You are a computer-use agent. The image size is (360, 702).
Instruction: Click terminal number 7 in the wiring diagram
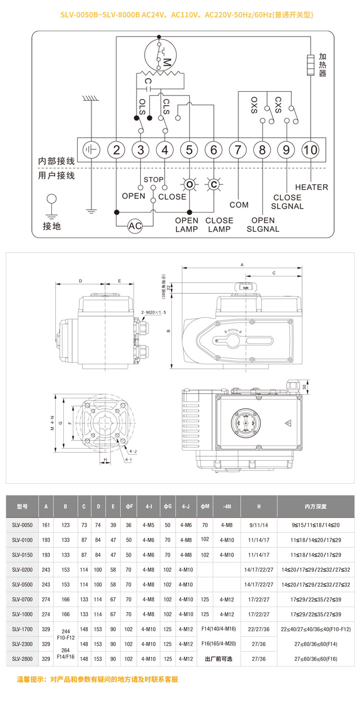[x=238, y=150]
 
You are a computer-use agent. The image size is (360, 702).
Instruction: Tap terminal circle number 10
[x=311, y=150]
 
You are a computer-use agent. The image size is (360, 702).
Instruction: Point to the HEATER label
[x=312, y=187]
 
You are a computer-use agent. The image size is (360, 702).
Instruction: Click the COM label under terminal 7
[x=239, y=205]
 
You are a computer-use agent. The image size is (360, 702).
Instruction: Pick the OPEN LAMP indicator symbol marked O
[x=189, y=184]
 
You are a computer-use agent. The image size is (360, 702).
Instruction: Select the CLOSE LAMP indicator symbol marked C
[x=214, y=184]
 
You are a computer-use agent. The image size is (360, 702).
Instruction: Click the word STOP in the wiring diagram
[x=154, y=179]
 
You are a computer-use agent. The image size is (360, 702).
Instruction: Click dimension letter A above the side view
[x=242, y=265]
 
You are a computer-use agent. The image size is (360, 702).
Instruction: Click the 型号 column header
[x=22, y=507]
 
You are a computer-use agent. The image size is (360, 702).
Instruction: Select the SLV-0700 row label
[x=22, y=599]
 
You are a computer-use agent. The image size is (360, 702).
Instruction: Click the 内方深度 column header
[x=315, y=507]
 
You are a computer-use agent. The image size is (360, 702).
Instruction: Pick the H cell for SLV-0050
[x=259, y=525]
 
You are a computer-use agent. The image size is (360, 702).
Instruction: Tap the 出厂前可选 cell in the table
[x=218, y=659]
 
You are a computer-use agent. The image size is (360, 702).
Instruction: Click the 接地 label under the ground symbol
[x=52, y=226]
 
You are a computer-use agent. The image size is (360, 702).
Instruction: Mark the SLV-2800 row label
[x=22, y=659]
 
